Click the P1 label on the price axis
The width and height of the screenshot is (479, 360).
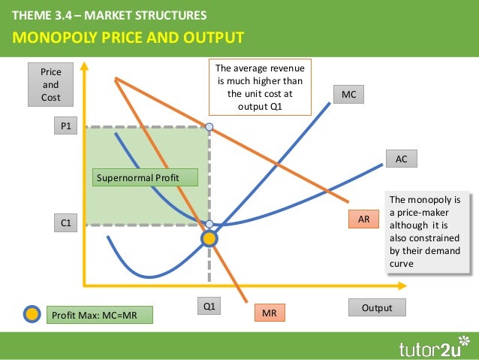coord(66,127)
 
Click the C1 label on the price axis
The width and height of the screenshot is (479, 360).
coord(66,223)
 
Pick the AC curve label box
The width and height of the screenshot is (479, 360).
coord(401,159)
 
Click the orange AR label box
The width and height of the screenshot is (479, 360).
coord(363,219)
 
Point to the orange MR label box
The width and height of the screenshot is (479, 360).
coord(268,312)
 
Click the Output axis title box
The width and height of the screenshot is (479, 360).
coord(377,307)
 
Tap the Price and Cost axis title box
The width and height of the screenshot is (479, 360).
coord(50,85)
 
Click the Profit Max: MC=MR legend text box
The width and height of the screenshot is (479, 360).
coord(98,314)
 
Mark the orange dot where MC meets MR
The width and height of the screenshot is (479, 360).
coord(209,239)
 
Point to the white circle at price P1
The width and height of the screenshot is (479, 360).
coord(209,127)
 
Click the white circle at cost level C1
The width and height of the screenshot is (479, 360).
coord(209,224)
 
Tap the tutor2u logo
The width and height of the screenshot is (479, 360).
coord(430,346)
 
